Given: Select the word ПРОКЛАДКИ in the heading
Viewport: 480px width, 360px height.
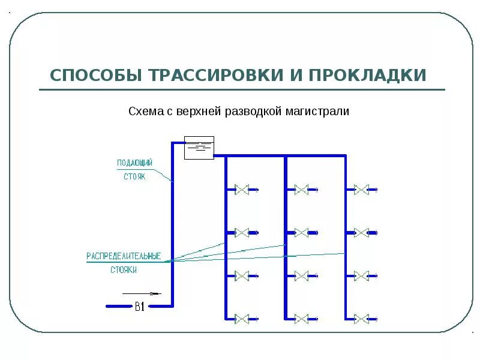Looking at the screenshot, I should (367, 76).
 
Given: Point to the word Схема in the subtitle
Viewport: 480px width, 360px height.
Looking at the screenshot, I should (143, 112).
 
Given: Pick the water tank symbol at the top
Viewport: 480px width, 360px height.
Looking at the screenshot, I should (199, 147).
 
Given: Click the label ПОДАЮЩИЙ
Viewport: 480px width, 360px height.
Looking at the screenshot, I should (135, 163).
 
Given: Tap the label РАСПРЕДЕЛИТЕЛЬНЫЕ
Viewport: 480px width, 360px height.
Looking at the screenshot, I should (124, 256).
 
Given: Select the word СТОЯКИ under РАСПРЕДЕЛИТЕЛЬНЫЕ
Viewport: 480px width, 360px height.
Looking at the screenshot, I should (124, 271).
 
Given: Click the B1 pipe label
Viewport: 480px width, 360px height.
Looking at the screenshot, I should (139, 307).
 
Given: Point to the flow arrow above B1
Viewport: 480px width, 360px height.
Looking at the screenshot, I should (142, 293).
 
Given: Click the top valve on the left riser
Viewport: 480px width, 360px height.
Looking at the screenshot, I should (241, 190).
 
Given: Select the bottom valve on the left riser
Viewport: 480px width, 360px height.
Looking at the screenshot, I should (241, 319).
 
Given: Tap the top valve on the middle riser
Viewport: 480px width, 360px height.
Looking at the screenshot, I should (301, 190).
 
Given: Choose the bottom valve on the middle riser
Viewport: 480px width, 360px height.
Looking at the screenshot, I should (301, 319).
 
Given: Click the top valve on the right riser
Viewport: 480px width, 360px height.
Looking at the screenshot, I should (361, 190).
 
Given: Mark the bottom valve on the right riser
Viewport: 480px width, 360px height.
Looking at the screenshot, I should (361, 319).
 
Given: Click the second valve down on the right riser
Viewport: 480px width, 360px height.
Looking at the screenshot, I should (361, 232).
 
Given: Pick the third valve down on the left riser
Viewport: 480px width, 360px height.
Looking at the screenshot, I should (241, 275).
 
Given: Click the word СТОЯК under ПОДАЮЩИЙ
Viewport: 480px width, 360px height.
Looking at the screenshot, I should (135, 177).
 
